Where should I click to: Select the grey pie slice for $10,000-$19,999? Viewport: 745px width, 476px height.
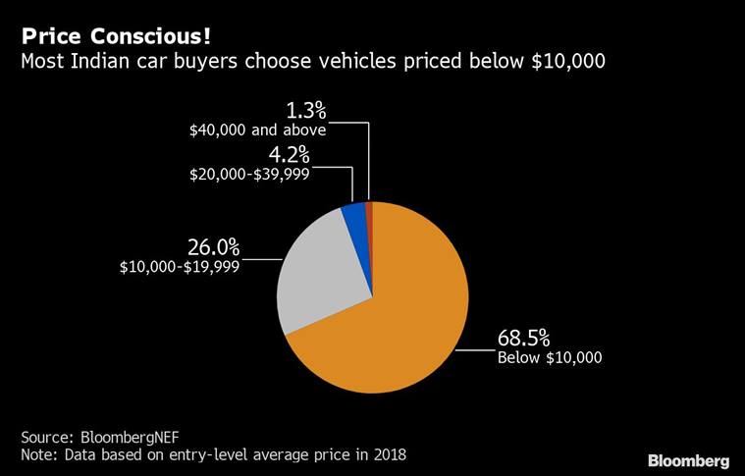pyautogui.click(x=314, y=275)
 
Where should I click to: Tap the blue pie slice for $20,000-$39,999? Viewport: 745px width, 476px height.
pyautogui.click(x=354, y=220)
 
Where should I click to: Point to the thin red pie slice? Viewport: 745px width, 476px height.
pyautogui.click(x=370, y=209)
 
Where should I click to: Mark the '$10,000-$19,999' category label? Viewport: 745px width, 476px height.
pyautogui.click(x=179, y=266)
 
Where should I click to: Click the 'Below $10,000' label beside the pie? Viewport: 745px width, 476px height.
pyautogui.click(x=550, y=359)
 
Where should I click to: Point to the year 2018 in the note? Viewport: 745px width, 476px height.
pyautogui.click(x=388, y=455)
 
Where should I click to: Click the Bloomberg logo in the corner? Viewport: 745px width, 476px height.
pyautogui.click(x=688, y=459)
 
